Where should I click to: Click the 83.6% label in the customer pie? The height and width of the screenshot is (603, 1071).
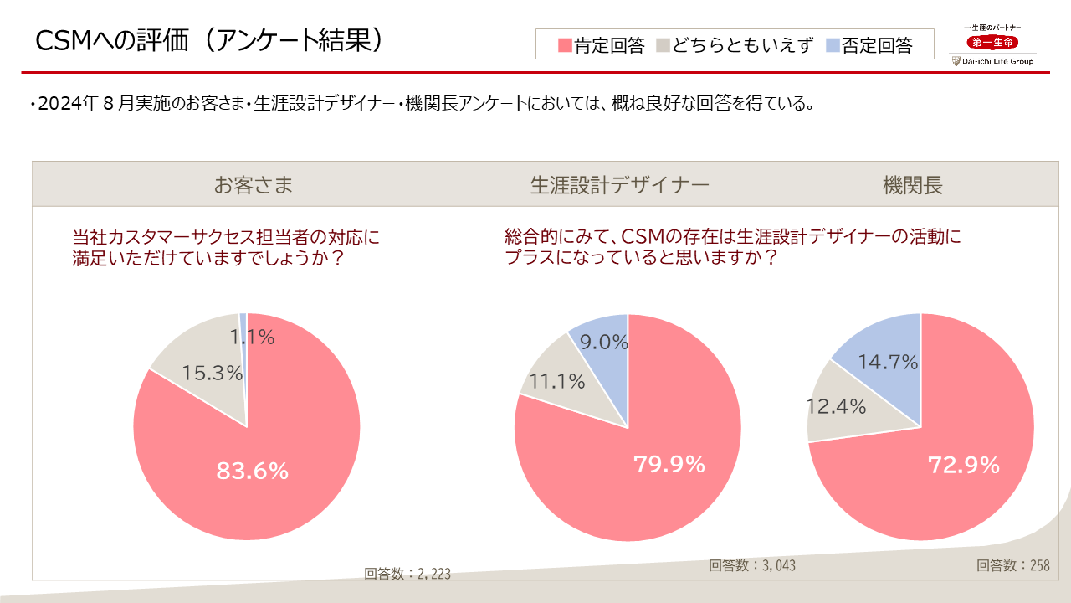[252, 472]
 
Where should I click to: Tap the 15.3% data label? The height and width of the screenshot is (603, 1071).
[213, 374]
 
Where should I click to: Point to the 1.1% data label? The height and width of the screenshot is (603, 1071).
[253, 338]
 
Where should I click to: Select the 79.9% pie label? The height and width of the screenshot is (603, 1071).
[669, 463]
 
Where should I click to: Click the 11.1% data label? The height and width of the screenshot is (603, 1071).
[552, 381]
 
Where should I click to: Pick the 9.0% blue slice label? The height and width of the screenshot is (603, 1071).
[604, 342]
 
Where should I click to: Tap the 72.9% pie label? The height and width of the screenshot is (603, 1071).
[964, 465]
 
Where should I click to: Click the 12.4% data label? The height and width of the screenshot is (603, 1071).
[836, 407]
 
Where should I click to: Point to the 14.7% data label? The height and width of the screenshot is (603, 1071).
[888, 363]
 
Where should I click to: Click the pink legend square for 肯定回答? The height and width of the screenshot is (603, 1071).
[565, 45]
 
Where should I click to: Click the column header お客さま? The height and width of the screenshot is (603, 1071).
[253, 185]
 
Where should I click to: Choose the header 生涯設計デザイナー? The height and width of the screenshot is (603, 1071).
[619, 185]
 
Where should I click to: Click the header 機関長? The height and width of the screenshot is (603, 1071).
[912, 185]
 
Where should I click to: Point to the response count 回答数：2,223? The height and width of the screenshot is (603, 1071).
[407, 574]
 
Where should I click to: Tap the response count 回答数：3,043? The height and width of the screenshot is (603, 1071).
[752, 565]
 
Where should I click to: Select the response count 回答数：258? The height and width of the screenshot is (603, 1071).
[1012, 565]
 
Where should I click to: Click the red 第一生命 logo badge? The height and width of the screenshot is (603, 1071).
[992, 43]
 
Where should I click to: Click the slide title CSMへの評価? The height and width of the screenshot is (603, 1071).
[209, 39]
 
